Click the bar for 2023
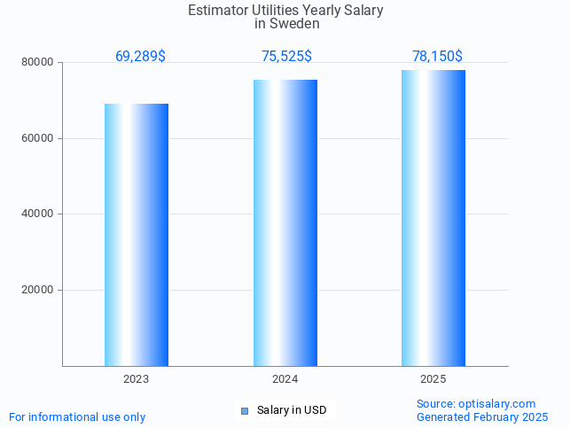click(137, 235)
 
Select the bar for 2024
click(285, 222)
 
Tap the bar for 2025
click(433, 218)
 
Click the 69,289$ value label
click(140, 57)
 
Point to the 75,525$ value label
click(286, 57)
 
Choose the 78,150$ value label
click(437, 57)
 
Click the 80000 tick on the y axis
click(37, 63)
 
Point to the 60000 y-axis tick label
click(37, 138)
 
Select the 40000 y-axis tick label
click(37, 214)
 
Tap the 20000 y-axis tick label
click(37, 290)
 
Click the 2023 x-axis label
click(137, 379)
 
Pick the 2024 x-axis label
click(285, 379)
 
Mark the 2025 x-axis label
click(433, 379)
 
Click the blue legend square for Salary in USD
click(245, 410)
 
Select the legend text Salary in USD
click(292, 410)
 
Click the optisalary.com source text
click(476, 404)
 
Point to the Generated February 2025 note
click(482, 416)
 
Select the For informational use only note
click(77, 416)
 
